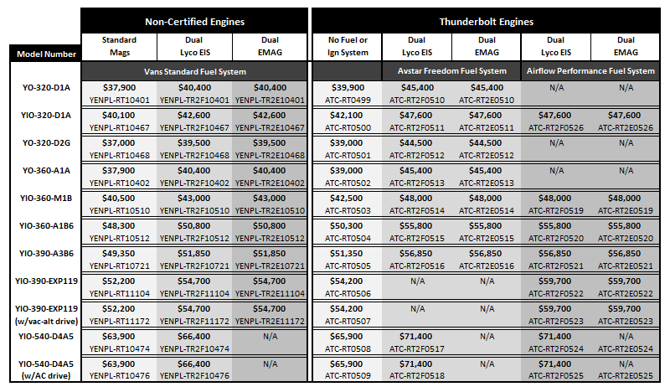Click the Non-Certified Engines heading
(194, 22)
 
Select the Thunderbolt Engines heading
(487, 22)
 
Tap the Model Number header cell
(46, 54)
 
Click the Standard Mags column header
(119, 46)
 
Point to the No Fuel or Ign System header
(348, 46)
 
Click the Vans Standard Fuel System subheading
(195, 72)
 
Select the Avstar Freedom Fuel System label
(452, 71)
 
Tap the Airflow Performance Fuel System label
(590, 71)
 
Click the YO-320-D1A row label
(46, 88)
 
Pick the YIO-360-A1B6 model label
(46, 225)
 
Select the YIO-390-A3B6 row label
(46, 254)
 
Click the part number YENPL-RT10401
(120, 101)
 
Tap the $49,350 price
(119, 254)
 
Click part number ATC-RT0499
(348, 101)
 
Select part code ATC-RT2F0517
(416, 348)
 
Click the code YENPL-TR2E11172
(270, 322)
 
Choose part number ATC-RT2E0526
(626, 128)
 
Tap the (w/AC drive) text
(46, 376)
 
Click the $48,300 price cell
(119, 225)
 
